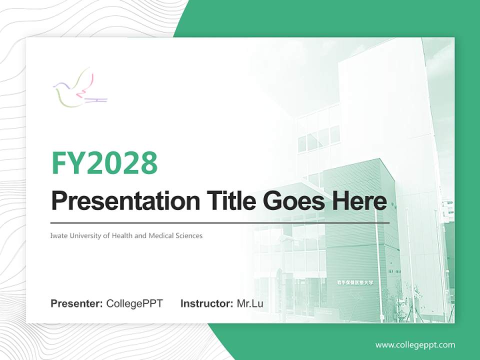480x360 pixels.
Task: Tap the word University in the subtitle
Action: tap(85, 235)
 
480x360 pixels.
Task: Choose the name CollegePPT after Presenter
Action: tap(134, 303)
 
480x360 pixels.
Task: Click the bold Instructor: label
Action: tap(206, 303)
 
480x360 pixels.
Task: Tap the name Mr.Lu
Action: tap(250, 303)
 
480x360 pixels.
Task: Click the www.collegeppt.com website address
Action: tap(415, 345)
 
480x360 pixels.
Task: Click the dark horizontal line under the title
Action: tap(220, 222)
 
